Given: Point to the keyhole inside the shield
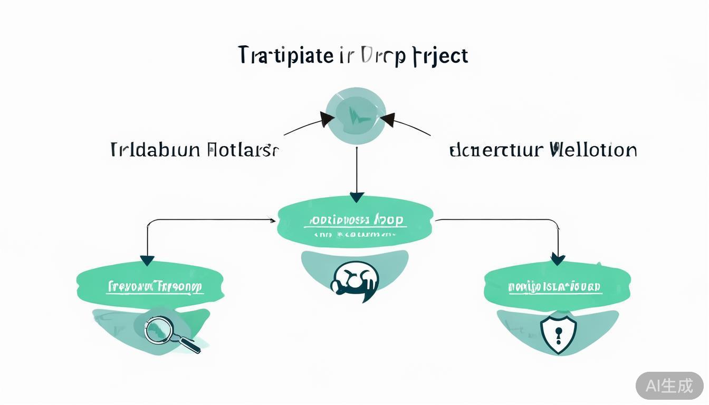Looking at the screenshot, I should tap(559, 334).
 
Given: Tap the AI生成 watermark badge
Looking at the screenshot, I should tap(669, 385).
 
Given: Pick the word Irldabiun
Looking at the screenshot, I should tap(156, 150).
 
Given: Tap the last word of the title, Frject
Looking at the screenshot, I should tap(438, 56).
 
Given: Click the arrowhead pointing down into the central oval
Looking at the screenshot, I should tap(357, 198).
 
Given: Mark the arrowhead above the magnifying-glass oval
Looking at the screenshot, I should tap(147, 260).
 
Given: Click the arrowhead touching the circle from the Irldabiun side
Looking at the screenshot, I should tap(327, 119).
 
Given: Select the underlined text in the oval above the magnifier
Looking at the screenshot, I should tap(155, 287).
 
